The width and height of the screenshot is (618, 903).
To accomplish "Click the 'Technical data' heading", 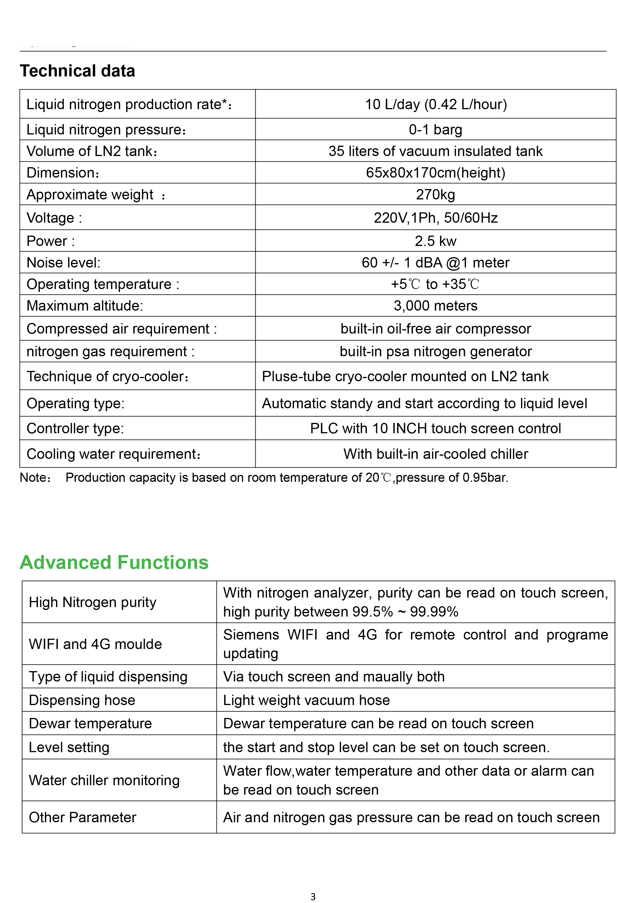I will tap(77, 71).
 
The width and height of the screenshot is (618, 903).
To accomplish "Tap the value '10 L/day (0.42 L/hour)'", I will tap(435, 104).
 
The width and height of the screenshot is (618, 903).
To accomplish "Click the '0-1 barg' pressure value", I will tap(435, 129).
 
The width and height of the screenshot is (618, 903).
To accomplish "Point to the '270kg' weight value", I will tap(435, 194).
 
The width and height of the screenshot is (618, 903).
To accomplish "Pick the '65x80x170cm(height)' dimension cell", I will tap(435, 172).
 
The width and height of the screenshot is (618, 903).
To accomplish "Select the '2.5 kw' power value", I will tap(435, 241).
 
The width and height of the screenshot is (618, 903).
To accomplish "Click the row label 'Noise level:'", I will tap(63, 263).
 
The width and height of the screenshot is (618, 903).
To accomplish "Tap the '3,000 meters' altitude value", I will tap(435, 306).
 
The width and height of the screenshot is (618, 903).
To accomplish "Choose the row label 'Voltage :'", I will tap(54, 217).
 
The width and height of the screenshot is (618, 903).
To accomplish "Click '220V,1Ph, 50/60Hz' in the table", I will tap(435, 217).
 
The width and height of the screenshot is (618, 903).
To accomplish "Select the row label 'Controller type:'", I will tap(75, 428).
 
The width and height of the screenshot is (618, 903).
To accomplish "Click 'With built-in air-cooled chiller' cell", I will tap(435, 454).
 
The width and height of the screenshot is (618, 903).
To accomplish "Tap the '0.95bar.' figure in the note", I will tap(485, 478).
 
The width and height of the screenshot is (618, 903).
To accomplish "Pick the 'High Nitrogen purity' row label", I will tap(92, 602).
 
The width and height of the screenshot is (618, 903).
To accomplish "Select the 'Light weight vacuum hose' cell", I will tap(306, 700).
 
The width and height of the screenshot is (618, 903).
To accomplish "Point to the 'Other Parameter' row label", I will tap(82, 817).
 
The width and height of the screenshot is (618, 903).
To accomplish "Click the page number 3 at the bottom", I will tap(313, 896).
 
